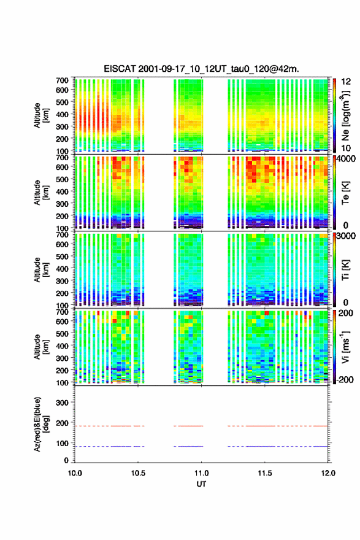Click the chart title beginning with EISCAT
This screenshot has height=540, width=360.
coord(201,69)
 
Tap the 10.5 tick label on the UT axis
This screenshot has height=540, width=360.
coord(138,473)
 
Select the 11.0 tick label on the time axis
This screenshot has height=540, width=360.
coord(201,473)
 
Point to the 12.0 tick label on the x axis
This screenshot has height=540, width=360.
coord(328,473)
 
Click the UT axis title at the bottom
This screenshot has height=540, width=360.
coord(201,484)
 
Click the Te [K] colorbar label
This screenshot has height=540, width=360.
coord(345,193)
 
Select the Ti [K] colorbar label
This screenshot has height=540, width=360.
coord(345,270)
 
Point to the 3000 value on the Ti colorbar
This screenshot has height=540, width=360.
coord(346,236)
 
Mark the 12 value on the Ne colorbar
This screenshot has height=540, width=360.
coord(346,82)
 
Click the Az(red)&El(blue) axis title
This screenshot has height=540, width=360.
coord(41,424)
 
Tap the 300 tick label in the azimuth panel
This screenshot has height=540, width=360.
coord(63,403)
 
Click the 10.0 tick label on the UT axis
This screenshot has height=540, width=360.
coord(75,473)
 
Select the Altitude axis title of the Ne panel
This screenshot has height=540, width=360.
coord(41,115)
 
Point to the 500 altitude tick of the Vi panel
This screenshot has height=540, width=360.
coord(63,333)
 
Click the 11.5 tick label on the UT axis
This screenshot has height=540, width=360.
coord(265,473)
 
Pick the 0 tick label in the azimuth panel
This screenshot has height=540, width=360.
coord(66,460)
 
